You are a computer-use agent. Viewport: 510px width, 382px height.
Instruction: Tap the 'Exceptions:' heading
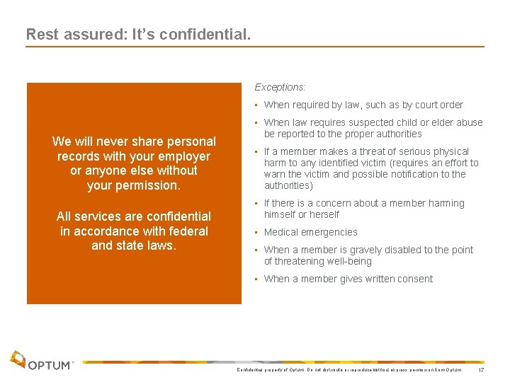(280, 88)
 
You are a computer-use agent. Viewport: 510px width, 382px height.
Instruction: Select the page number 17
(481, 371)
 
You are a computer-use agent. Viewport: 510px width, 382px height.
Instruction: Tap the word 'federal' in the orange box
(187, 231)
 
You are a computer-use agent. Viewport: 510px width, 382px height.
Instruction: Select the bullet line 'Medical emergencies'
(310, 232)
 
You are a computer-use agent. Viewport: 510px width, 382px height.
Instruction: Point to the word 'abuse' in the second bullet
(469, 122)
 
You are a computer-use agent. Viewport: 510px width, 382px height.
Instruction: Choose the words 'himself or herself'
(301, 214)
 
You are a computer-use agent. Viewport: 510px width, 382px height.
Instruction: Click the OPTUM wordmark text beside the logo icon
(50, 365)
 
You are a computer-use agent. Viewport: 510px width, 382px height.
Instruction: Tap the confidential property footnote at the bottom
(348, 370)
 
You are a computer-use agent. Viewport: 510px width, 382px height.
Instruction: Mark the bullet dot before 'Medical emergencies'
(257, 232)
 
